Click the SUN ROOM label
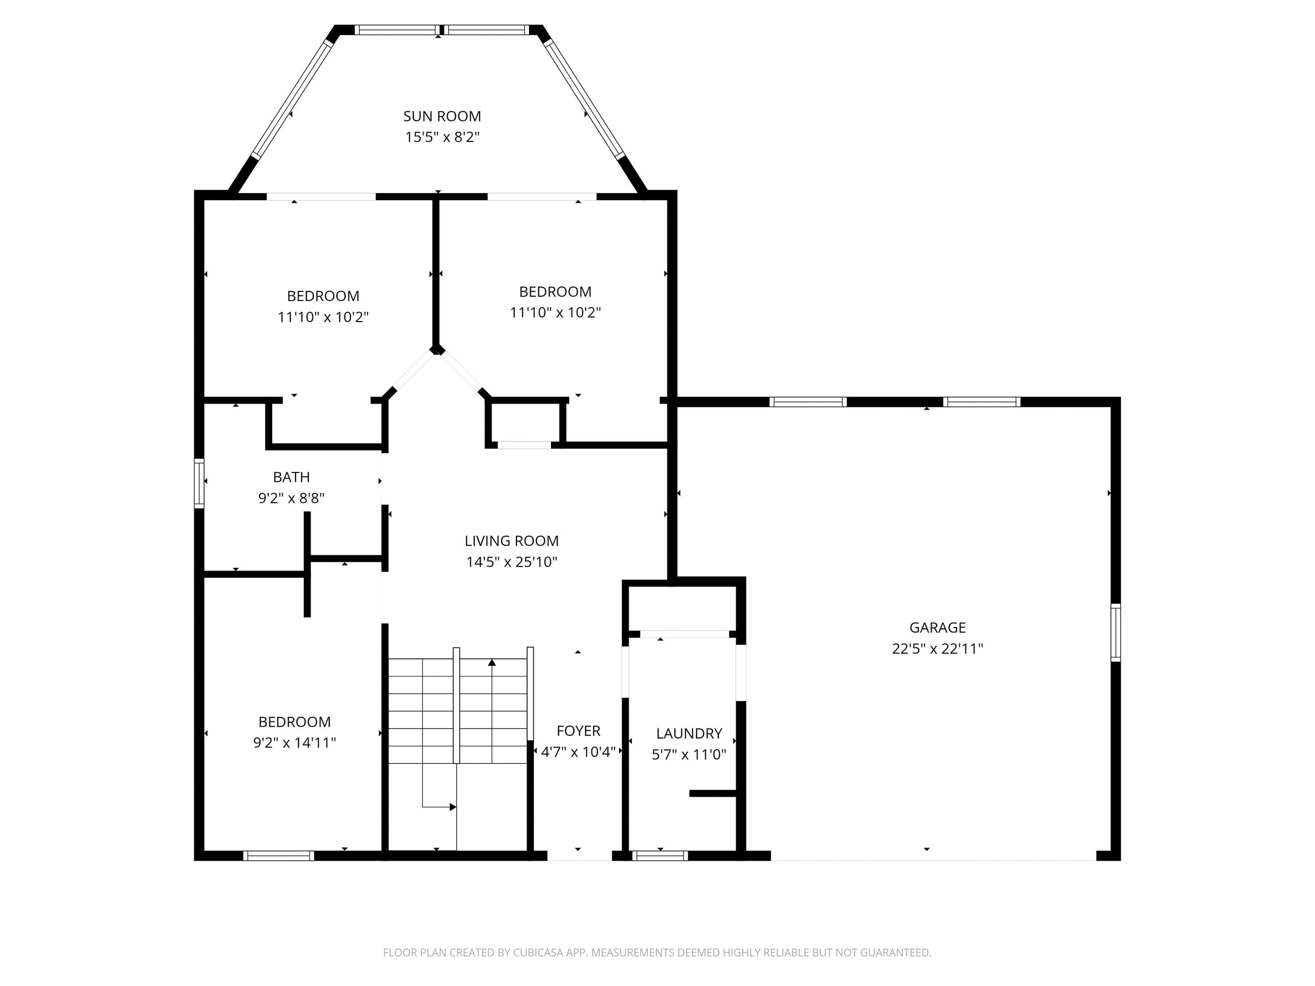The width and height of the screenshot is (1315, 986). click(442, 117)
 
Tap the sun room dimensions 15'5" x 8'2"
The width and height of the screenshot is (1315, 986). click(442, 137)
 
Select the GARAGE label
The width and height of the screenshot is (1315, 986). click(938, 628)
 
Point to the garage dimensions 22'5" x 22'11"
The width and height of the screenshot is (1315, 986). click(938, 649)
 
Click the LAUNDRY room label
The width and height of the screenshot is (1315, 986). click(689, 734)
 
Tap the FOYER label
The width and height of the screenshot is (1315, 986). click(579, 731)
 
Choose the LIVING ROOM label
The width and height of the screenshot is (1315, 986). click(512, 541)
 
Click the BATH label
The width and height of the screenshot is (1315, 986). click(291, 477)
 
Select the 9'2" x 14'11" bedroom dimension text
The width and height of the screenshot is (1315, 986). click(294, 743)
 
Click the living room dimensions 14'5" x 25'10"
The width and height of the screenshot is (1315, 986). click(512, 562)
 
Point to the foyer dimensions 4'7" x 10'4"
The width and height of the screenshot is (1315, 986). click(579, 752)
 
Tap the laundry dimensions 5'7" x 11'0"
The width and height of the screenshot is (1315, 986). click(689, 755)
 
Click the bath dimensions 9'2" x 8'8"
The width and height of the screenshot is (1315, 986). click(291, 498)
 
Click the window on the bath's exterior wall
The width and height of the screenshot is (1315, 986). click(199, 483)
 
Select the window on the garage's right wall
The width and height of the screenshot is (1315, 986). click(1116, 632)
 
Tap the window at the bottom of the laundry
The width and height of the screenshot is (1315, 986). click(660, 856)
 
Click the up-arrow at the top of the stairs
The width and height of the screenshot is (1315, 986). click(492, 662)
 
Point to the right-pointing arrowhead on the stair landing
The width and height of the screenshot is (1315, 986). click(453, 807)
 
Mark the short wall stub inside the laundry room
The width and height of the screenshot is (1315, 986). click(713, 794)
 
